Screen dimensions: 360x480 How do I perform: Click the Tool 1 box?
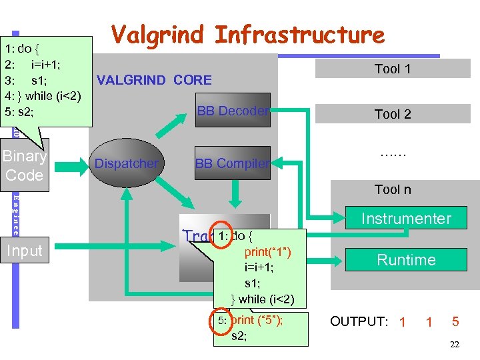[392, 69]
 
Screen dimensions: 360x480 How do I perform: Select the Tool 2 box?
[392, 114]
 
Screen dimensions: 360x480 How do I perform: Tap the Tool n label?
[392, 190]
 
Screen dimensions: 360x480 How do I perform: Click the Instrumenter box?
[406, 218]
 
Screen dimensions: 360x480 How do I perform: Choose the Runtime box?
[406, 260]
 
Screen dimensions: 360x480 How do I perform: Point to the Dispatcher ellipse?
[127, 163]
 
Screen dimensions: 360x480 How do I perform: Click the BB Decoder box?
[233, 111]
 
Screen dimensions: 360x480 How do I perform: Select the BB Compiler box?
[233, 163]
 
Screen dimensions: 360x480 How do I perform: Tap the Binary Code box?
[25, 166]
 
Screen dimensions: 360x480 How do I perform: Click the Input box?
[25, 251]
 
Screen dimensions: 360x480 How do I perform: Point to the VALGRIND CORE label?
[154, 81]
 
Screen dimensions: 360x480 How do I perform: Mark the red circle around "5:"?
[222, 321]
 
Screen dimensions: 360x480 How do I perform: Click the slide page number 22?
[455, 345]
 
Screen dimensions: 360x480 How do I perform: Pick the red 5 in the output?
[455, 321]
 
